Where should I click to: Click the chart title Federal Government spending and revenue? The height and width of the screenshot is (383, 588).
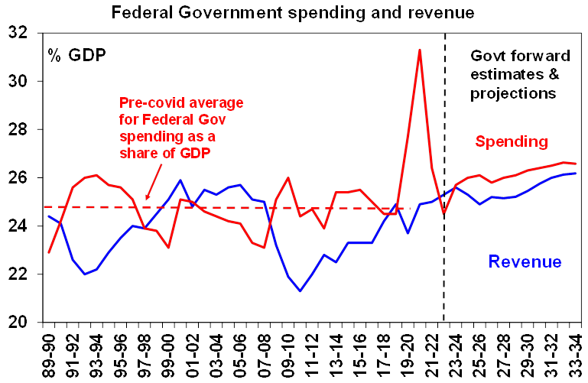[294, 12]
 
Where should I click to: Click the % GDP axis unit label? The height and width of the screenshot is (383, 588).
[76, 55]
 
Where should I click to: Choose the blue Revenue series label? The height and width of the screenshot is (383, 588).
[525, 262]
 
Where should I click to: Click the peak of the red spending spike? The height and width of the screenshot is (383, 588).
[420, 50]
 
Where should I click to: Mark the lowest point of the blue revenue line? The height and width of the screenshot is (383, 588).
[300, 290]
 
